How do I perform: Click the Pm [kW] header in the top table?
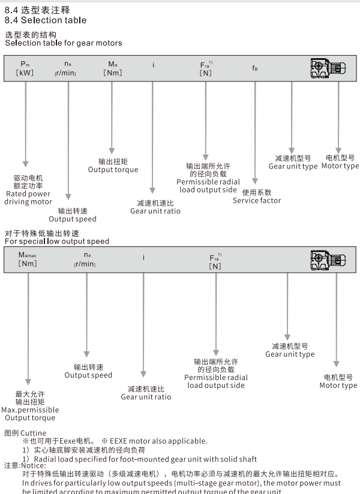25,68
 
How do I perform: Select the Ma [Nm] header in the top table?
113,68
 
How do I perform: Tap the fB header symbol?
256,68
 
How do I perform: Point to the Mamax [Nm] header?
28,258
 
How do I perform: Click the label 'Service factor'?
257,200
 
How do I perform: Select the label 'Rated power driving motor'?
28,198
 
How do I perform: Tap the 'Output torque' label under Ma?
113,170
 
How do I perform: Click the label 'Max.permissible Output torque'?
29,414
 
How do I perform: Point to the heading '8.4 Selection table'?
46,20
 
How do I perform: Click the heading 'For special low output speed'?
57,242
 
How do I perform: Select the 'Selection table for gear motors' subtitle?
64,43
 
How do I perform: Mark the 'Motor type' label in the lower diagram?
338,385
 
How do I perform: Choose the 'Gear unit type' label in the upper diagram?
293,166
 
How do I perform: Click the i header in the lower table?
143,258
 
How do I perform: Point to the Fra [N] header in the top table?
206,68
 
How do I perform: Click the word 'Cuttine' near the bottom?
33,433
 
